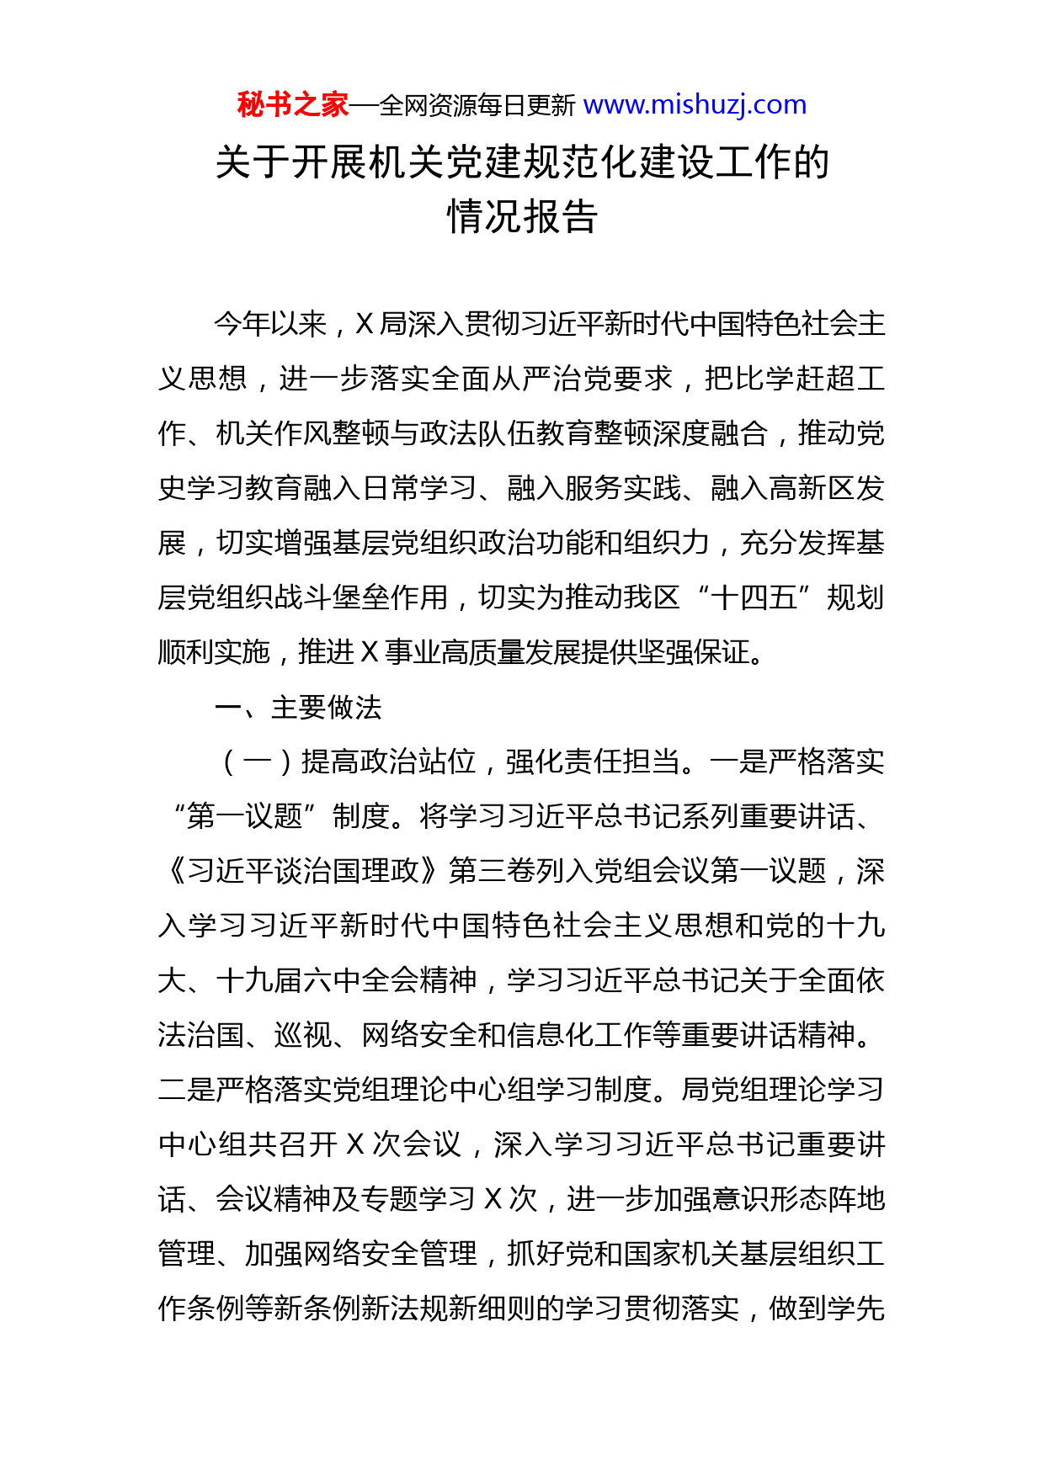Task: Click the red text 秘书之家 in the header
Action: click(x=292, y=105)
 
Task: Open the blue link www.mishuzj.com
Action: click(x=695, y=105)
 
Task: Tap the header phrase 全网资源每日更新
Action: click(x=477, y=106)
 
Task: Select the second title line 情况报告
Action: click(x=522, y=217)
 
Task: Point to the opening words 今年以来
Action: click(x=270, y=324)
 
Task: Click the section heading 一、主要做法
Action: click(x=298, y=708)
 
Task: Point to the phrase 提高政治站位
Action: click(x=389, y=762)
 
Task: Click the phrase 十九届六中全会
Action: click(x=346, y=980)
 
